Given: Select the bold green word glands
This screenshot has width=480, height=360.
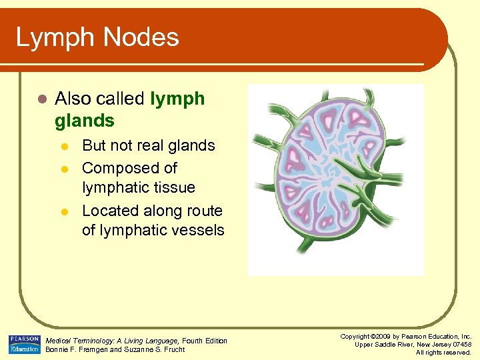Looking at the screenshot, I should [x=85, y=121].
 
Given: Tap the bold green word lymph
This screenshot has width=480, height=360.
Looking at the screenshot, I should [x=177, y=99].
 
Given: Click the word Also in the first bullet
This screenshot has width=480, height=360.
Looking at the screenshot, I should [x=72, y=99].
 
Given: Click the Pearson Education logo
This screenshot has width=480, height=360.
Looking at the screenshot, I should [x=24, y=345].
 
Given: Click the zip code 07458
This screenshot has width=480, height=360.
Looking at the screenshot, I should [x=461, y=344].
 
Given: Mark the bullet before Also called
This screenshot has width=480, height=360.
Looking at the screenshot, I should [x=41, y=99].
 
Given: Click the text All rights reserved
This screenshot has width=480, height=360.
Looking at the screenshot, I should [x=443, y=352].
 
